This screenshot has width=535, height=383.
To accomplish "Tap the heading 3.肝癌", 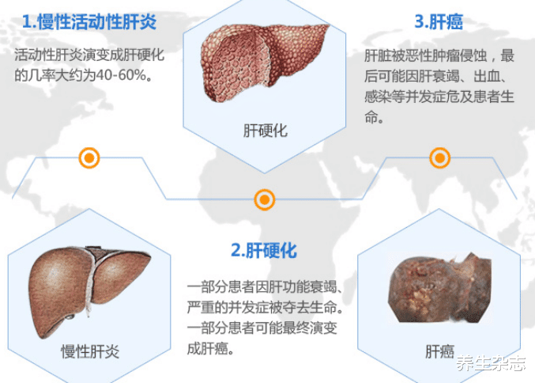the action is point(439,21).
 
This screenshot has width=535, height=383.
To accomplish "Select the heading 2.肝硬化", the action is point(264,251).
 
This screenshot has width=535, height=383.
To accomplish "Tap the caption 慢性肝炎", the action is point(90,351).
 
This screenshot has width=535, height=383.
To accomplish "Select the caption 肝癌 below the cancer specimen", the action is point(441,351).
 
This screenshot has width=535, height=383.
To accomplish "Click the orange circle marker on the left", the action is point(90,157).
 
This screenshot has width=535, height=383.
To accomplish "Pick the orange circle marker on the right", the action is point(440,157).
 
